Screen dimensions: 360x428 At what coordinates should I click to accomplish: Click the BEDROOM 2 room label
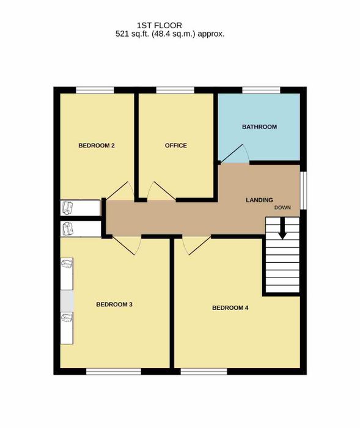[97, 146]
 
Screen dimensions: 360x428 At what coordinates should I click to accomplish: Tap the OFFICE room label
[176, 146]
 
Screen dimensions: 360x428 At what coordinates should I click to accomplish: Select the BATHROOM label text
[259, 127]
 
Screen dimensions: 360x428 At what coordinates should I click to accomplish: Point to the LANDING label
[259, 200]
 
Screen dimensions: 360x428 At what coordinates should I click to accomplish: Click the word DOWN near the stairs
[282, 207]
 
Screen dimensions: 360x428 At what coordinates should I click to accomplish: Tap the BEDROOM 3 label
[114, 304]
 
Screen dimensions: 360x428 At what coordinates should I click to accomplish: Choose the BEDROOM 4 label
[230, 308]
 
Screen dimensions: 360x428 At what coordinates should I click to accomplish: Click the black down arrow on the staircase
[282, 228]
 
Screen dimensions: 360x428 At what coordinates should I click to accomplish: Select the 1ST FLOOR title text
[160, 26]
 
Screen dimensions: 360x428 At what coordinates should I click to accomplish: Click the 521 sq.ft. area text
[133, 34]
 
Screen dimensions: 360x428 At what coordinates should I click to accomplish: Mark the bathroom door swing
[235, 153]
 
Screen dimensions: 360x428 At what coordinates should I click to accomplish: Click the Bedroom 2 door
[120, 191]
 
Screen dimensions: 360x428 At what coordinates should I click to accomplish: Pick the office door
[161, 191]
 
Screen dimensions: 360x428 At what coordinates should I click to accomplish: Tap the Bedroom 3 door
[127, 245]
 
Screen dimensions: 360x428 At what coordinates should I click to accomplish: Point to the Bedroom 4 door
[197, 245]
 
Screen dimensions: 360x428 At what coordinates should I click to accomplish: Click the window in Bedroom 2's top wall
[95, 90]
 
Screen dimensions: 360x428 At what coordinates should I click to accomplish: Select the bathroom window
[261, 90]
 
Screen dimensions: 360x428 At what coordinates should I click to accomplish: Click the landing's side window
[303, 191]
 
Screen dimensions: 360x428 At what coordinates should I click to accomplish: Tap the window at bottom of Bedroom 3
[114, 371]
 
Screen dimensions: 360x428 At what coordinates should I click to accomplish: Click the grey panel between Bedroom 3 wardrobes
[67, 301]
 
